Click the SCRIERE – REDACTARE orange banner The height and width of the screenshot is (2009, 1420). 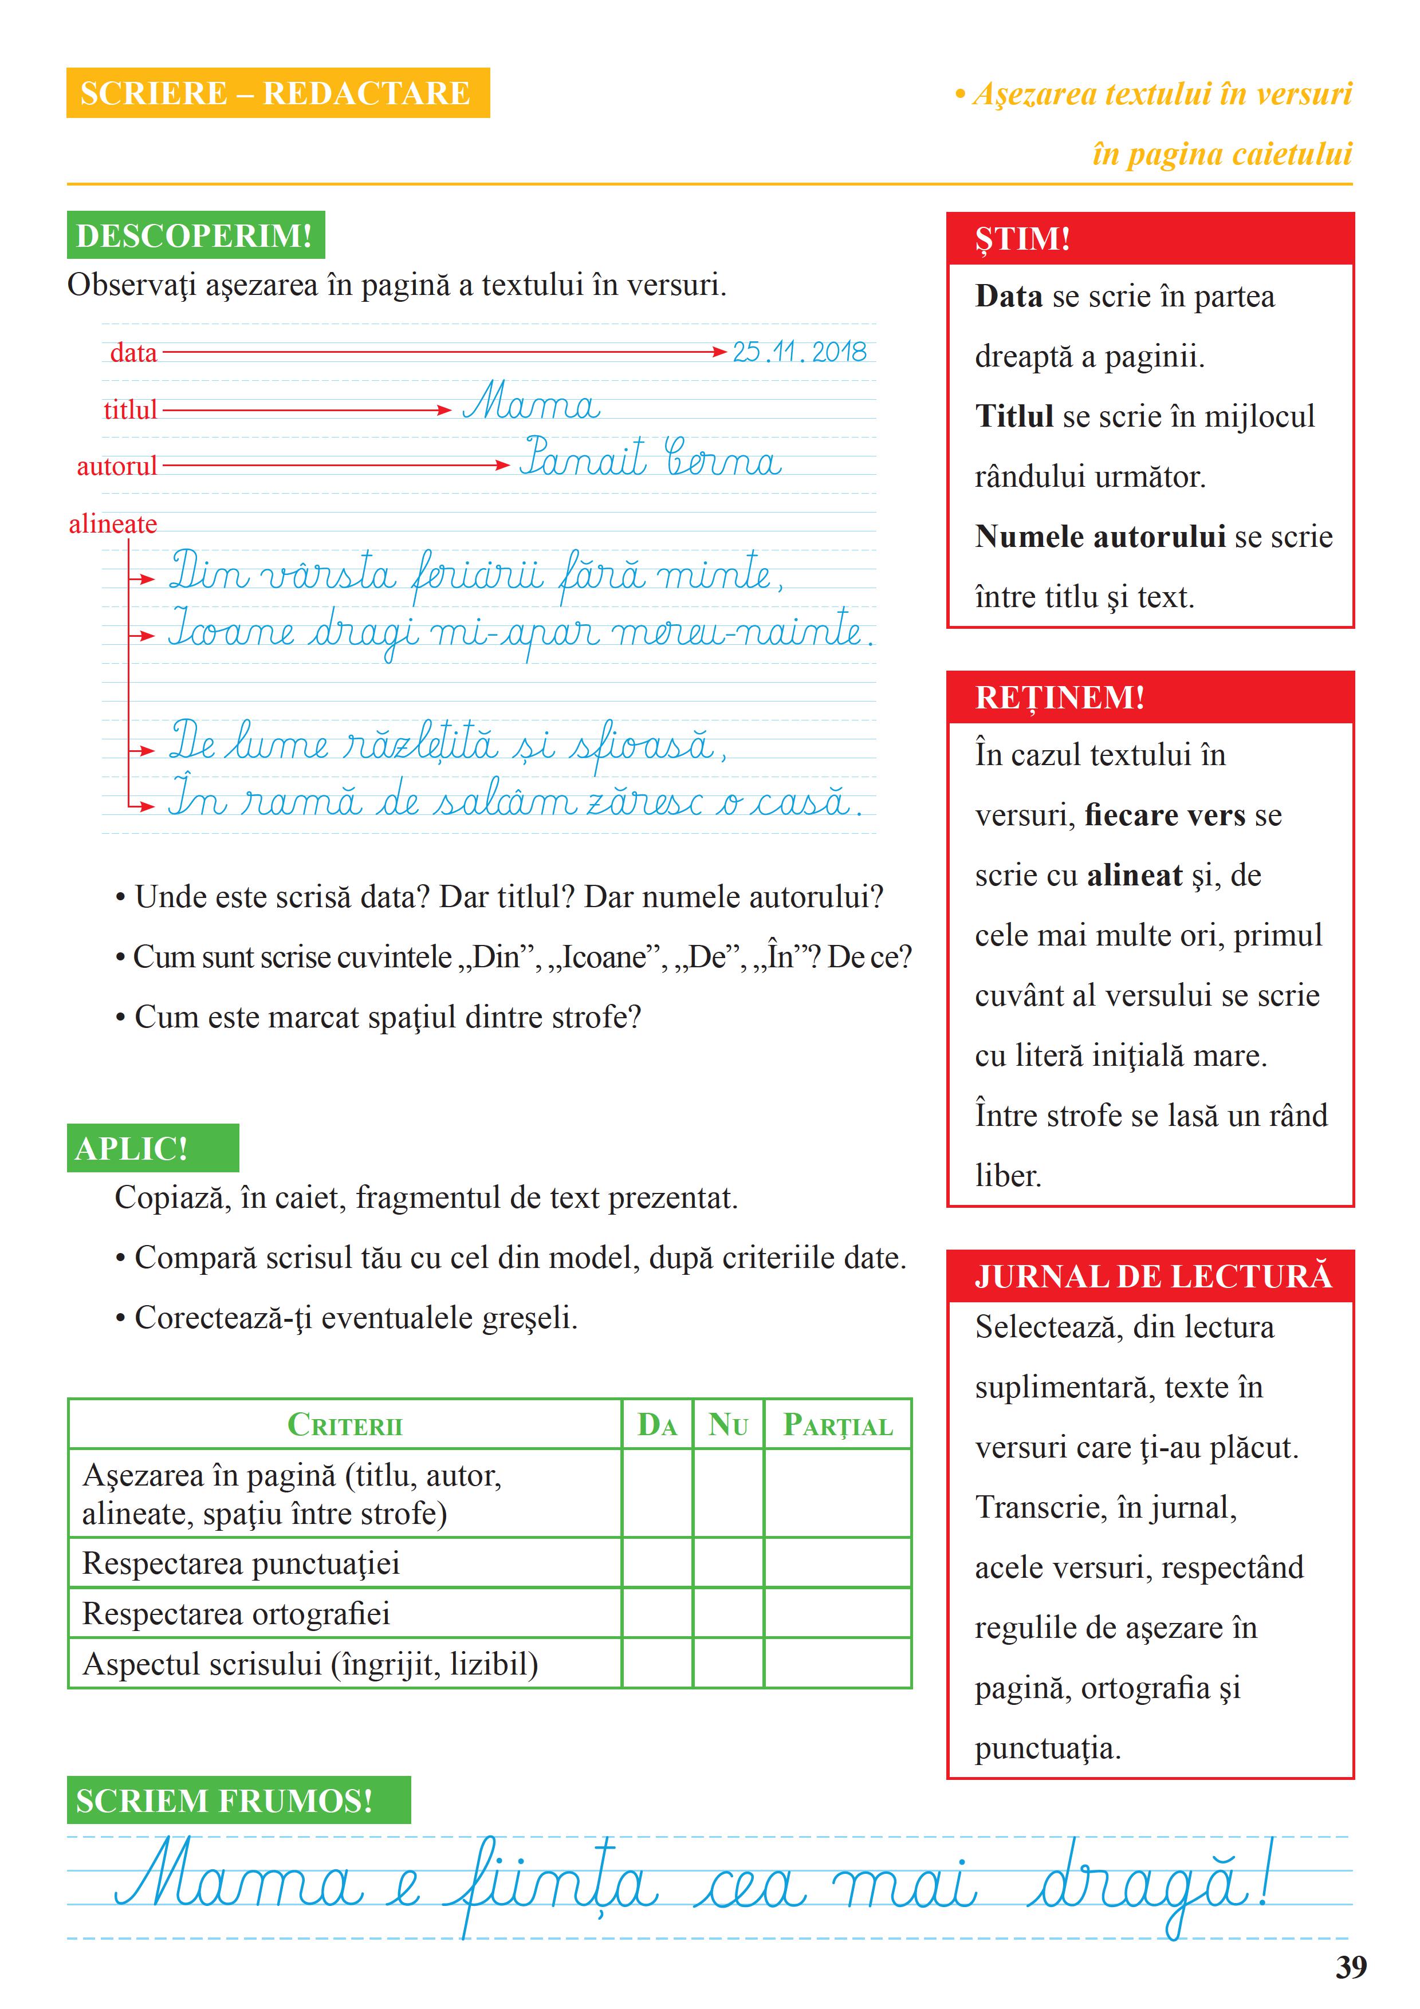coord(277,93)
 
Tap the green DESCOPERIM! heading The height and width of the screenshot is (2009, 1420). coord(195,235)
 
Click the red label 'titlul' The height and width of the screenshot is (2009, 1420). coord(131,409)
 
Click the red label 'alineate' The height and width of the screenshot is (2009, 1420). coord(113,524)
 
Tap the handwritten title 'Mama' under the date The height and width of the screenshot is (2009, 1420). coord(531,404)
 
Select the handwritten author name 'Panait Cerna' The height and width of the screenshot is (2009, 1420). coord(650,459)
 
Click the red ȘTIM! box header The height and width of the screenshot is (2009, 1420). coord(1150,238)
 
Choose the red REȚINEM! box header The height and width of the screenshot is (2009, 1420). coord(1150,698)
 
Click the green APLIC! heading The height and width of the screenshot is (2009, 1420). coord(152,1148)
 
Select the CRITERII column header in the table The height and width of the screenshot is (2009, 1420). coord(345,1424)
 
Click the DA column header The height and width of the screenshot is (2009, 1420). coord(657,1424)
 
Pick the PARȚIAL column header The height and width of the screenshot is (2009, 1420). coord(837,1424)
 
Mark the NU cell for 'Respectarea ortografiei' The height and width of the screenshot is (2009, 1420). coord(728,1613)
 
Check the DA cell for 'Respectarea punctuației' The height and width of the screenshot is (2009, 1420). coord(657,1563)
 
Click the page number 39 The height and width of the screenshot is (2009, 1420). coord(1351,1967)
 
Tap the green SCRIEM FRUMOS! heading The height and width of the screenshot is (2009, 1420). coord(238,1801)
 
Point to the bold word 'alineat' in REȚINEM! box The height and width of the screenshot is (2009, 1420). coord(1134,875)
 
